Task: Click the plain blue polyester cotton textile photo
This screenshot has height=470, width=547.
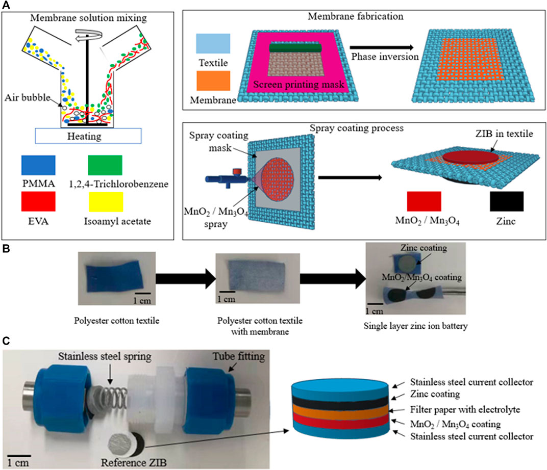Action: coord(105,280)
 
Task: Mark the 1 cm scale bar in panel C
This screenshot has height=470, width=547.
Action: coord(20,453)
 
